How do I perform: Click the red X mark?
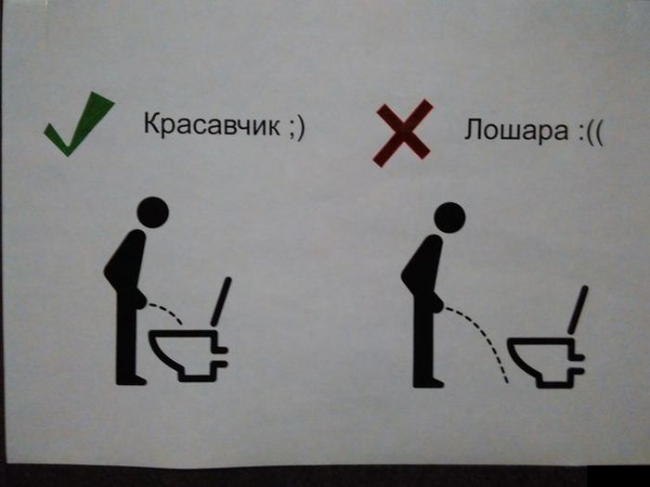pyautogui.click(x=403, y=133)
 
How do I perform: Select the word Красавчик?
pyautogui.click(x=212, y=124)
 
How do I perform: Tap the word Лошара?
pyautogui.click(x=516, y=130)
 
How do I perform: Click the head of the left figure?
pyautogui.click(x=152, y=212)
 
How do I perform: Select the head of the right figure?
pyautogui.click(x=449, y=218)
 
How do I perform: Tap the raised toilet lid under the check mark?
pyautogui.click(x=221, y=301)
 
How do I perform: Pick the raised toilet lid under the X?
pyautogui.click(x=578, y=310)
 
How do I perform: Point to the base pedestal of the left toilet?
pyautogui.click(x=198, y=373)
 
